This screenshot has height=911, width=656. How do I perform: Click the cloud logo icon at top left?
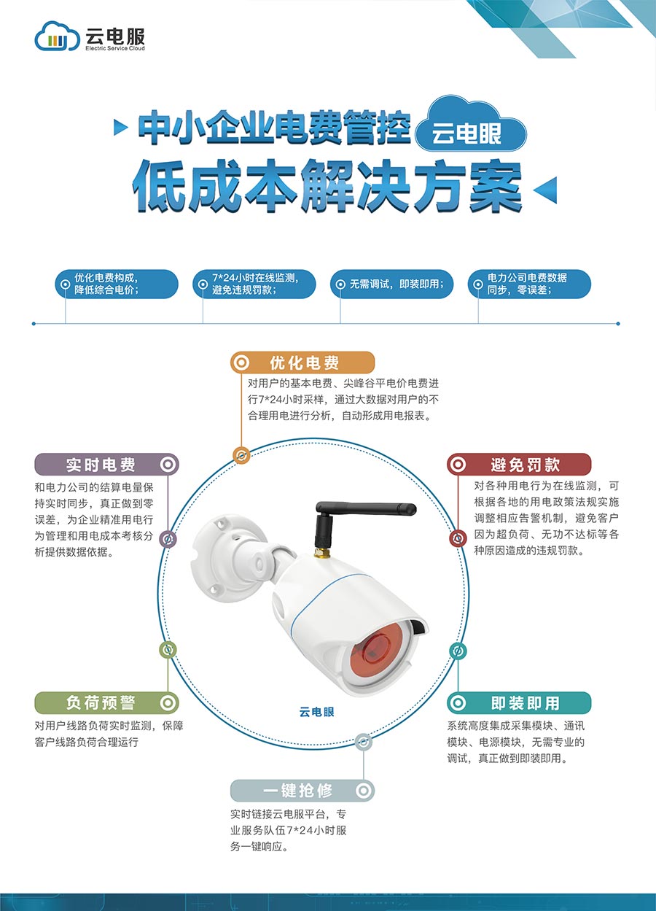(57, 36)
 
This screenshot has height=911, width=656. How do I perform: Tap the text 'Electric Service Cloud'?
(115, 48)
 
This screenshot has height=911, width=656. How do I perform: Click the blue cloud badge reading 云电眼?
(471, 125)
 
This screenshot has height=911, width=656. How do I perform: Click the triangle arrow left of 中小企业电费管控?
(121, 128)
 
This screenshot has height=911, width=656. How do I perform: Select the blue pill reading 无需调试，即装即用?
(391, 284)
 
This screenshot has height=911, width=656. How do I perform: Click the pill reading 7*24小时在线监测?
(254, 284)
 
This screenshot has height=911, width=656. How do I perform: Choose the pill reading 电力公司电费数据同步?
(529, 284)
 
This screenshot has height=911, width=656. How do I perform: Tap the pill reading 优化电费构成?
(117, 284)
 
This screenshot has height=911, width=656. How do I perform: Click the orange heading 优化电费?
(302, 363)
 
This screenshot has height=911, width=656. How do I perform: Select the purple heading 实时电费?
(107, 465)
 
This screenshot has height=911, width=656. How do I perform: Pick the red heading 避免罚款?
(519, 465)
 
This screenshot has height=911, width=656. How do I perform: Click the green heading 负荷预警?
(107, 703)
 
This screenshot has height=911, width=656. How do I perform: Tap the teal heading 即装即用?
(519, 703)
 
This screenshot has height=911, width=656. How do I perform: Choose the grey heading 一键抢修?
(302, 791)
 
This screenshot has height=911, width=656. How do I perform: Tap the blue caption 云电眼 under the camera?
(316, 712)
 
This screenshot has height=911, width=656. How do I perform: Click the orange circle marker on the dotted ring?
(241, 454)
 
